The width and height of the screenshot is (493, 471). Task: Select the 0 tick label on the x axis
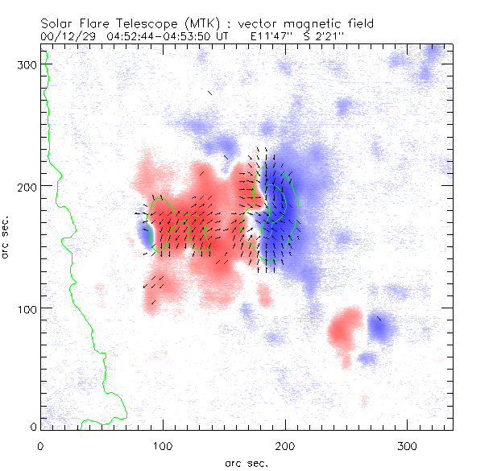click(40, 444)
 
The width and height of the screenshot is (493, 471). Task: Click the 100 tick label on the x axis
click(163, 444)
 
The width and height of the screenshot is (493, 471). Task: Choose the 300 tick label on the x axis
click(407, 444)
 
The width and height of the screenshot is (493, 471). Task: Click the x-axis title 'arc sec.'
click(246, 462)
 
